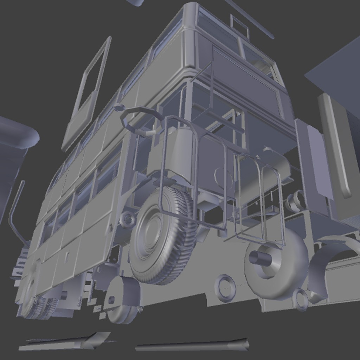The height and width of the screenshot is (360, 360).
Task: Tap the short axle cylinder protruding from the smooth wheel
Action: [x=260, y=258]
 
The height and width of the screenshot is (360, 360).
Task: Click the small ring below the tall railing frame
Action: [x=225, y=288]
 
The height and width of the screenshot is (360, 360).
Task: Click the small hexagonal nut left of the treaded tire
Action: [x=128, y=220]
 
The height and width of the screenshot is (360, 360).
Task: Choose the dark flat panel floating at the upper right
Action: [x=337, y=74]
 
